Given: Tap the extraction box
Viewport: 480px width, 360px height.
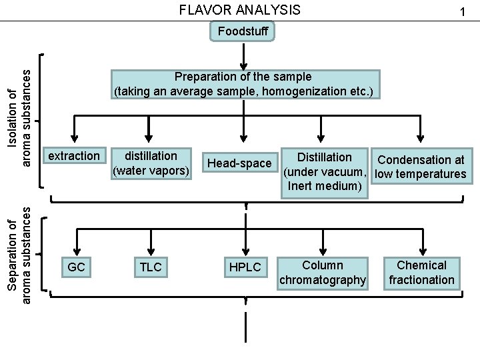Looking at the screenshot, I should [x=74, y=156].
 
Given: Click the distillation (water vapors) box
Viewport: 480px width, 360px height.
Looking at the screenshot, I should [x=151, y=163].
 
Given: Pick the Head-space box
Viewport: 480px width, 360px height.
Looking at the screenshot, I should [x=240, y=163].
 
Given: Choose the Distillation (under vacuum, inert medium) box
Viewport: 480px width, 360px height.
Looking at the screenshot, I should [x=325, y=171].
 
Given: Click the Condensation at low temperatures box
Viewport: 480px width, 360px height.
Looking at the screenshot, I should [x=421, y=167].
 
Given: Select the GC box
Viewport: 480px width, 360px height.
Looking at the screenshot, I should [x=77, y=267].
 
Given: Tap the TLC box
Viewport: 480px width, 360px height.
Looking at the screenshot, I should [x=151, y=267].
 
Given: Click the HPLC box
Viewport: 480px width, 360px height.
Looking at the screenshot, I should [x=245, y=267].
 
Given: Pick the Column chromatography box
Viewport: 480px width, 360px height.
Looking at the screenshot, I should [x=323, y=273].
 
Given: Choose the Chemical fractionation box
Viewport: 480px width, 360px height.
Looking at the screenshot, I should [x=421, y=273].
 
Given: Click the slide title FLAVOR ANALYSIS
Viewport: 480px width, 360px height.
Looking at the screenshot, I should [x=241, y=10].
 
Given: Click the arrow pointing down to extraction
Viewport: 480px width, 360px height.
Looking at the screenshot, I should [x=74, y=130].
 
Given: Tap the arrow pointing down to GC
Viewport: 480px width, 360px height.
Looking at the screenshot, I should [x=77, y=242].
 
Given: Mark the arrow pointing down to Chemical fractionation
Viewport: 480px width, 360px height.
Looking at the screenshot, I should [x=422, y=242].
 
